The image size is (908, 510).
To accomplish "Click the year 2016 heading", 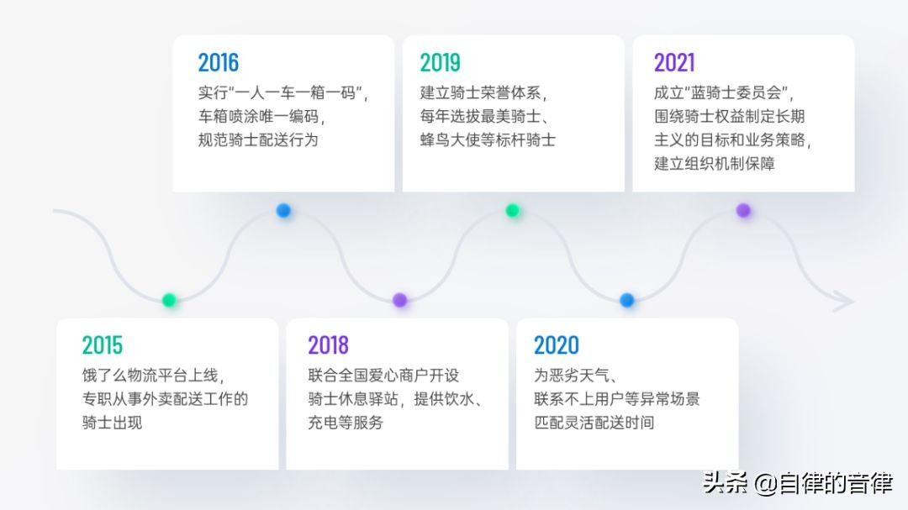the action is coord(219,62).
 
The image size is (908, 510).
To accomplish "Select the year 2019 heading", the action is coord(440,62).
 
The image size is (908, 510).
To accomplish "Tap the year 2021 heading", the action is coord(674,62).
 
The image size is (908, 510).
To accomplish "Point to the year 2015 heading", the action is coord(103,345).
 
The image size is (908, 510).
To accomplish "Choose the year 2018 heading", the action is coord(329,345).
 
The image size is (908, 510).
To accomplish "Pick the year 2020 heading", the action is coord(557,345).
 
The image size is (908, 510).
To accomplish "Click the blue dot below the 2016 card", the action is coord(283,210).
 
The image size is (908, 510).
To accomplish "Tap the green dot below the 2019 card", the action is coord(513,210).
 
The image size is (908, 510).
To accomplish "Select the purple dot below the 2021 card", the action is coord(743,210).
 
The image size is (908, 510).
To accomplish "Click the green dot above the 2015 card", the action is coord(169,300).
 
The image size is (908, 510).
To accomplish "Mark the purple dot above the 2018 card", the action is coord(399,300).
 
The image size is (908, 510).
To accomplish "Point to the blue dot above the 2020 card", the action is coord(626,300).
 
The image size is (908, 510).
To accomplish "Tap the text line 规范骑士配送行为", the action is coord(258,140).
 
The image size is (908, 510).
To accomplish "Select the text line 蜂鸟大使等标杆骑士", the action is coord(488,140).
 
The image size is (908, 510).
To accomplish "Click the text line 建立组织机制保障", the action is coord(715,164).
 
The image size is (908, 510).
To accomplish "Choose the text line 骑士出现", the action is coord(113,423).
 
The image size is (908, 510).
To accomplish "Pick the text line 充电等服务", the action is coord(346,423).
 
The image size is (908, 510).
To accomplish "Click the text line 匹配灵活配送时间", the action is coord(594,423).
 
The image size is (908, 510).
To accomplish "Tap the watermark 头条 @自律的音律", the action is coord(798,483).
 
